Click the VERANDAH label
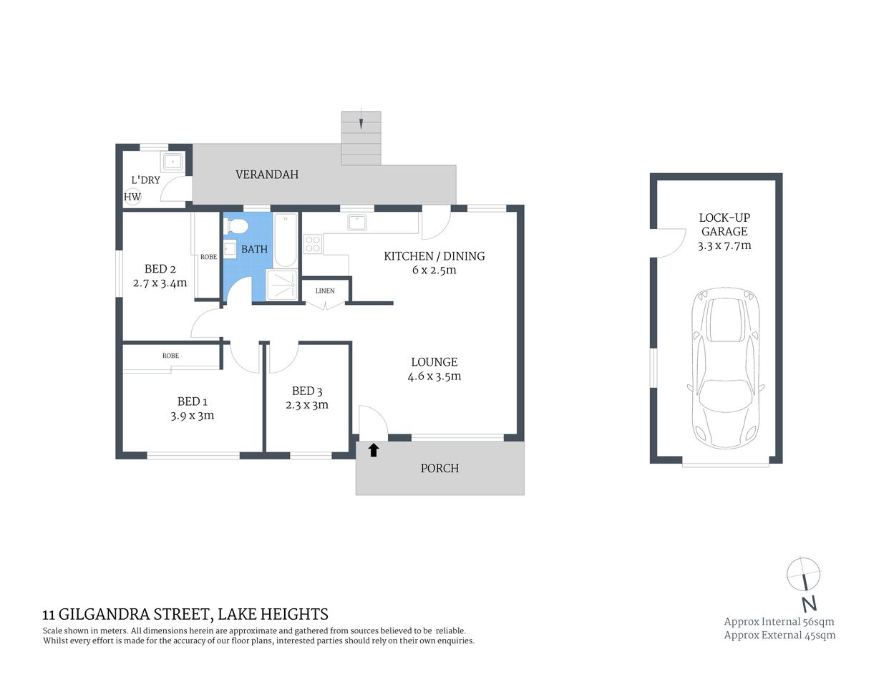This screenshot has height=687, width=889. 267,175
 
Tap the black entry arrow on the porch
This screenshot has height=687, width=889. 373,450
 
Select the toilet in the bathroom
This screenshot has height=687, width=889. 235,227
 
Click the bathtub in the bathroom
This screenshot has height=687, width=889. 286,239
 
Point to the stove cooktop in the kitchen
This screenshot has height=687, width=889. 312,245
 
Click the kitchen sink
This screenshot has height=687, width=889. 357,223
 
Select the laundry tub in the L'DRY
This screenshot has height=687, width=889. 173,162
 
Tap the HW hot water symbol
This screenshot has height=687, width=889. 132,197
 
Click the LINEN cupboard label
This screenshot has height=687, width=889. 325,291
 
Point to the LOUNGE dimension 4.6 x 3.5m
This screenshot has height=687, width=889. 434,376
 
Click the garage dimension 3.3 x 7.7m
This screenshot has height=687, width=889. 724,245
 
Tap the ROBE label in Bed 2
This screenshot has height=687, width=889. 208,257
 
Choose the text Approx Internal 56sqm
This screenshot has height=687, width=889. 779,621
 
